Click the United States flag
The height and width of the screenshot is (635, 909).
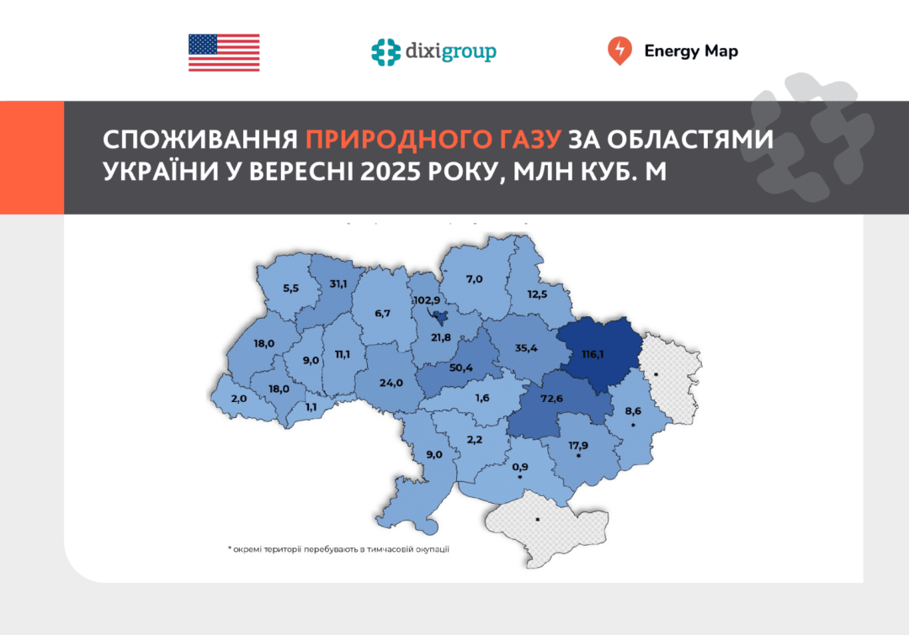(x=224, y=52)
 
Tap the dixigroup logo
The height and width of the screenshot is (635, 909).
(x=433, y=51)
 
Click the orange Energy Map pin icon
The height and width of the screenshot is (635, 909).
(x=619, y=51)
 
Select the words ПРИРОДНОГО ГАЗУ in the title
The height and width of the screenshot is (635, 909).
(x=435, y=139)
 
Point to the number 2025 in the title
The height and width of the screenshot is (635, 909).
(x=399, y=171)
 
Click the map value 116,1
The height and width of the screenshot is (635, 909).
(x=594, y=355)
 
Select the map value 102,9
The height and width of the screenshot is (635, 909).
(x=427, y=299)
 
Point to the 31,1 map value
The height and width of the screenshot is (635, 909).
(x=339, y=283)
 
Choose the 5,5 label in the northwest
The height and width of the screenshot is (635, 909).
(x=291, y=288)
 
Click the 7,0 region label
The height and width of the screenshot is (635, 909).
(x=474, y=278)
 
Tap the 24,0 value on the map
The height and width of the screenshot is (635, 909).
(x=391, y=383)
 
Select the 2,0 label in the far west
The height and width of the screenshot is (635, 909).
(x=238, y=400)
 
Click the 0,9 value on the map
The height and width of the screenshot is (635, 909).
(x=520, y=467)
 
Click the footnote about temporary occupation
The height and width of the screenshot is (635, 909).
(x=338, y=549)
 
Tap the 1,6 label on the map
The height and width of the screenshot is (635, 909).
(x=483, y=398)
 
